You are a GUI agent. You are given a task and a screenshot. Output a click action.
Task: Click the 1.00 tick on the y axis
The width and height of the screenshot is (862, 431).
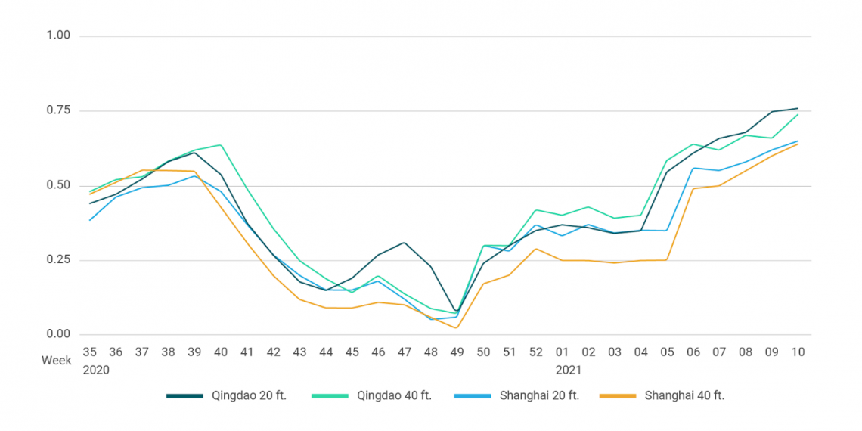pyautogui.click(x=57, y=36)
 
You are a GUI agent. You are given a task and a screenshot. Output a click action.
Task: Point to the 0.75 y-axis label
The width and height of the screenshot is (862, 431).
pyautogui.click(x=57, y=110)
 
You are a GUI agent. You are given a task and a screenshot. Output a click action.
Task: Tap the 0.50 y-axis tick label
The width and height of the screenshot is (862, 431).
pyautogui.click(x=57, y=185)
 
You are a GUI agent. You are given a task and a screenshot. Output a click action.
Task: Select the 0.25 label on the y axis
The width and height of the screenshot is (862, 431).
pyautogui.click(x=57, y=260)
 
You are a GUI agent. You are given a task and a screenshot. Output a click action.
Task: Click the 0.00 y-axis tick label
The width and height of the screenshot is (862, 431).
pyautogui.click(x=57, y=334)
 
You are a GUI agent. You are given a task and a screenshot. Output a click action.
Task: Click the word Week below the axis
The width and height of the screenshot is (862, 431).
pyautogui.click(x=56, y=361)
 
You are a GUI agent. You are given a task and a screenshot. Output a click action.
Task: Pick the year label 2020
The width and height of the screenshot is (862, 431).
pyautogui.click(x=95, y=371)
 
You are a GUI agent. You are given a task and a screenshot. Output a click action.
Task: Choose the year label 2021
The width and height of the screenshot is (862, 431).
pyautogui.click(x=568, y=371)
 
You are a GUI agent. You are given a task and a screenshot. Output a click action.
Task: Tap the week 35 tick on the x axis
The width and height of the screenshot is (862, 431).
pyautogui.click(x=90, y=352)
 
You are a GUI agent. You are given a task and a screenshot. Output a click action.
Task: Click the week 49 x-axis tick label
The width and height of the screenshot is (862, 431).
pyautogui.click(x=456, y=352)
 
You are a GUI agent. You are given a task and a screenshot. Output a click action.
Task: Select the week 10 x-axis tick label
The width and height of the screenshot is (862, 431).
pyautogui.click(x=797, y=352)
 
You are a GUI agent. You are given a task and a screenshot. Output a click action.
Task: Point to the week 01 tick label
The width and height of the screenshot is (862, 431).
pyautogui.click(x=562, y=352)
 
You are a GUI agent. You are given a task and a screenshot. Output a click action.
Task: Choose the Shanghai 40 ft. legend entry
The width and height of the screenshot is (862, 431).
pyautogui.click(x=684, y=395)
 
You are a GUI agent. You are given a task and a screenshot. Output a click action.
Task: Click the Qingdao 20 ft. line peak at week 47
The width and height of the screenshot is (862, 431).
pyautogui.click(x=405, y=243)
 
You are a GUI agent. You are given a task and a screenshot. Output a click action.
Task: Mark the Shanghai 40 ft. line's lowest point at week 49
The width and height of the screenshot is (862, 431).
pyautogui.click(x=456, y=327)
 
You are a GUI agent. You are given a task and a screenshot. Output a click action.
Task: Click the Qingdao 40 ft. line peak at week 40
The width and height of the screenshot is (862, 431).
pyautogui.click(x=220, y=144)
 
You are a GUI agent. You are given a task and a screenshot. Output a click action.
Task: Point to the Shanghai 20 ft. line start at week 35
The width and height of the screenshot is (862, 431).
pyautogui.click(x=90, y=220)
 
